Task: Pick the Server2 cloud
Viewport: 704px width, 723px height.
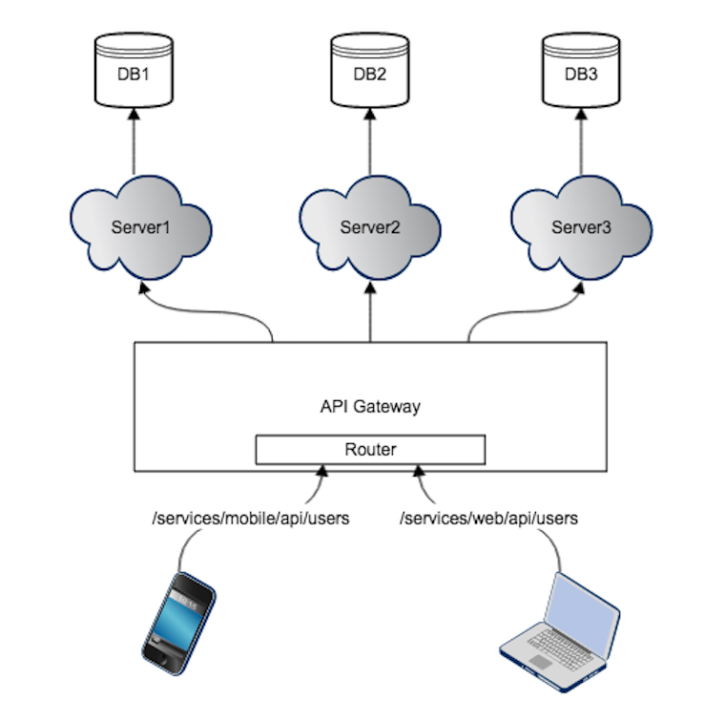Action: tap(370, 227)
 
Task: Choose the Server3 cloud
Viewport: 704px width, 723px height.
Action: tap(581, 227)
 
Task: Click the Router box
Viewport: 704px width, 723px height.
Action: tap(370, 449)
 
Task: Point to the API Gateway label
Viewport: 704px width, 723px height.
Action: tap(370, 406)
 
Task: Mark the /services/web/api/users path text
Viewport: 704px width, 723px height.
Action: tap(488, 519)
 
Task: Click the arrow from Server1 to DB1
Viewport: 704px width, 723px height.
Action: tap(134, 143)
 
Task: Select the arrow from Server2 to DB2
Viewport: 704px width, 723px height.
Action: tap(370, 143)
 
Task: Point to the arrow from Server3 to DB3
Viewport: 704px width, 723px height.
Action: tap(581, 143)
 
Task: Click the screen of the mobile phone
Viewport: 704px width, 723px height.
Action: tap(181, 611)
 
